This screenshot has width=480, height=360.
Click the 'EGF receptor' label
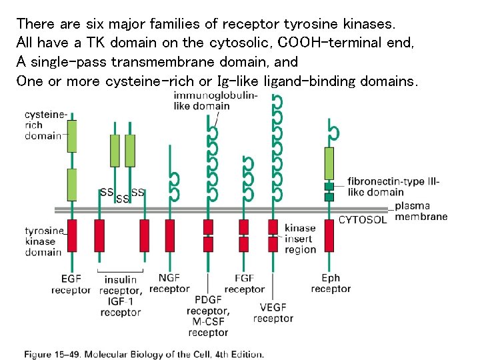coord(71,284)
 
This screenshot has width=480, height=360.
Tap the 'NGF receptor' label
coord(169,283)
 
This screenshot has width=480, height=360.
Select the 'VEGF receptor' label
coord(273,313)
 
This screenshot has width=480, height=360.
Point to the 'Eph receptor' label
coord(331,283)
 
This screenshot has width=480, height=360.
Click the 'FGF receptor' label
coord(244,283)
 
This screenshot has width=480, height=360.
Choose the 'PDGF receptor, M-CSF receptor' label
coord(207,316)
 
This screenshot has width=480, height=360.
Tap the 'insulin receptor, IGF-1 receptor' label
coord(120,296)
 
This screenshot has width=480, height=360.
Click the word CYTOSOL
coord(363,220)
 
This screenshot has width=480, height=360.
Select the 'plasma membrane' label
coord(421,211)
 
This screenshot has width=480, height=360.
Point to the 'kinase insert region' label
coord(300,239)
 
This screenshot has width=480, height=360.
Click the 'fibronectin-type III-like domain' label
coord(385,187)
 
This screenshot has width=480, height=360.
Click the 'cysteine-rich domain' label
coord(43,125)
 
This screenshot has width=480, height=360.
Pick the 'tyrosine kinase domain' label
coord(44,241)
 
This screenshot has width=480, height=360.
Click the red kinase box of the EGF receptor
coord(71,235)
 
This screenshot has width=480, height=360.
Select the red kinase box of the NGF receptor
coord(170,235)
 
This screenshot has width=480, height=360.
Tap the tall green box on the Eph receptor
coord(329,163)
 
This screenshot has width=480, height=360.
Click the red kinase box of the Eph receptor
coord(329,235)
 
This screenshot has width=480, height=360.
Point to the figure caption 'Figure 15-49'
coord(144,353)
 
